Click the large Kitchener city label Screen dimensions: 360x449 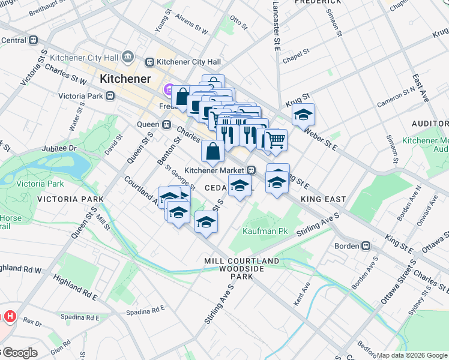[x=125, y=78]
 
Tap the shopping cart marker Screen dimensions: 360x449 [x=276, y=140]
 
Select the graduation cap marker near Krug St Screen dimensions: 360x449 [x=304, y=114]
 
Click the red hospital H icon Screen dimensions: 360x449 [x=10, y=316]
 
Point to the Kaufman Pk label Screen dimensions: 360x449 [x=262, y=231]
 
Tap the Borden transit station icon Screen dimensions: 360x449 [x=365, y=246]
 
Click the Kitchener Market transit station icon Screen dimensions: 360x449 [x=252, y=170]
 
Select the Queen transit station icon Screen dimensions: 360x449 [x=166, y=124]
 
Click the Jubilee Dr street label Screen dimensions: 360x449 [x=59, y=148]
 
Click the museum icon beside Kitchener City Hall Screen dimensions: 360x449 [x=127, y=56]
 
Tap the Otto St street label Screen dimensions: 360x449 [x=238, y=23]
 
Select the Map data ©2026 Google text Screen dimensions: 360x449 [x=412, y=355]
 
